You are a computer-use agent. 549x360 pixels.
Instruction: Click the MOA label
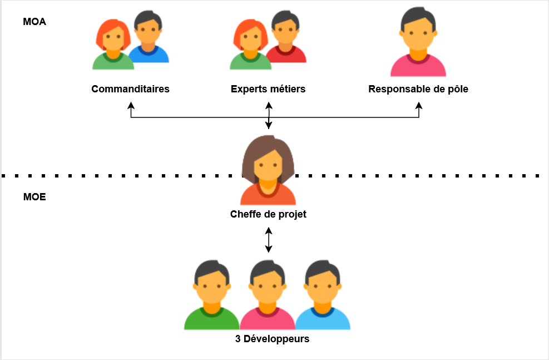(x=34, y=22)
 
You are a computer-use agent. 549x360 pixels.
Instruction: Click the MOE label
(x=34, y=197)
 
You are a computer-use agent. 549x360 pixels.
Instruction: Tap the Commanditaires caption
(x=130, y=89)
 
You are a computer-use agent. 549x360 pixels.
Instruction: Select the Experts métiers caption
(x=268, y=89)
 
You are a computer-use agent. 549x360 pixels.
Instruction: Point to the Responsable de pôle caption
(x=418, y=89)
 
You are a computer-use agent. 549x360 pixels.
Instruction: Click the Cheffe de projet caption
(x=268, y=214)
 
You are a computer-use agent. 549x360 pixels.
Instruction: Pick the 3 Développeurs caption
(x=272, y=338)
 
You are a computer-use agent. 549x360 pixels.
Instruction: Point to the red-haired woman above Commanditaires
(x=113, y=45)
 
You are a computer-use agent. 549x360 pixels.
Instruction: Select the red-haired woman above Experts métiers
(x=250, y=45)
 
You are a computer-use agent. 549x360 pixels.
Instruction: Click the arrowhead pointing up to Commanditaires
(x=131, y=105)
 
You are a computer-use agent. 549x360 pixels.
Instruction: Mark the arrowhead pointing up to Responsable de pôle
(x=419, y=105)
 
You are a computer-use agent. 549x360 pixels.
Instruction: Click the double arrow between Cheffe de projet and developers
(x=269, y=240)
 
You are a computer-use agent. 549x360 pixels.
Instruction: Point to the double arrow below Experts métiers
(x=269, y=116)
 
